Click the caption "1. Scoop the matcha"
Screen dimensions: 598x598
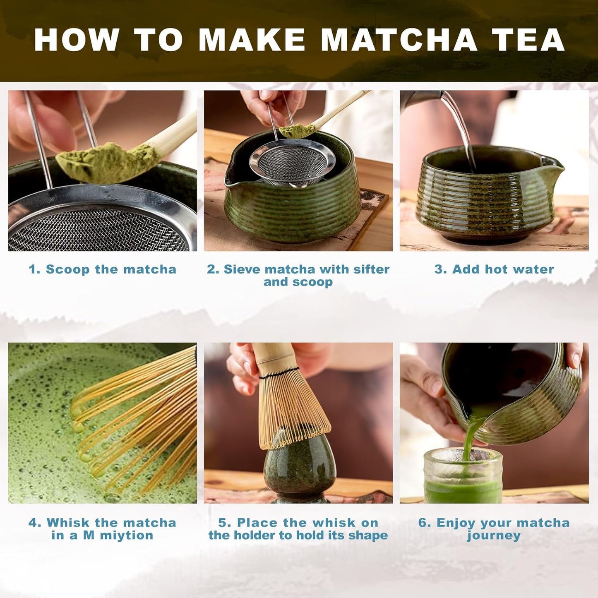[102, 269]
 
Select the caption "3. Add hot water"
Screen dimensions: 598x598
[494, 269]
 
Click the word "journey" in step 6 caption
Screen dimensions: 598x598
[494, 536]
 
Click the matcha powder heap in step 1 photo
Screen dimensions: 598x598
[108, 163]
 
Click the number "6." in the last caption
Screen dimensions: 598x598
[425, 523]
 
